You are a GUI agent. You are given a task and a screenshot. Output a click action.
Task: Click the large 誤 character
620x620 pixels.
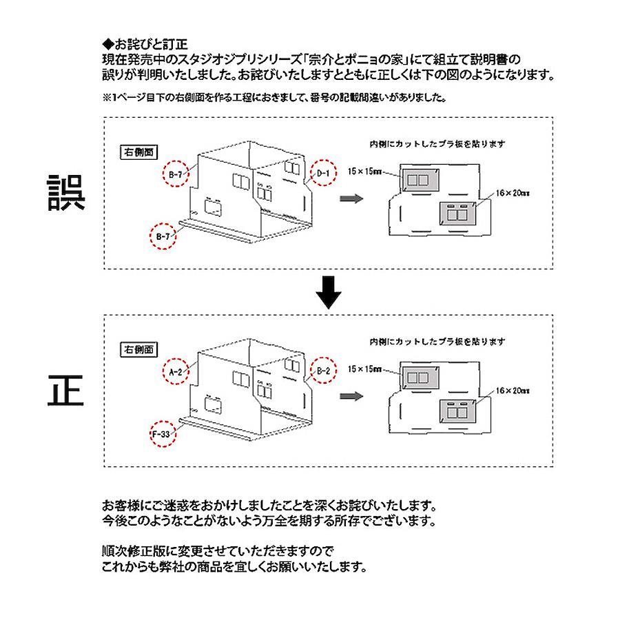[66, 192]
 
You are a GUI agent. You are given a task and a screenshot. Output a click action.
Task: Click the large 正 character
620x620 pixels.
[66, 389]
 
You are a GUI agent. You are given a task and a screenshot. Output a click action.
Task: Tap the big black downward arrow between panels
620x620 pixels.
[329, 293]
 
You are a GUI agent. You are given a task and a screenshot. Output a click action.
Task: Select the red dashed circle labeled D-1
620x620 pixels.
[324, 174]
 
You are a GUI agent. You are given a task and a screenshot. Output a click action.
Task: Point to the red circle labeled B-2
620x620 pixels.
[324, 371]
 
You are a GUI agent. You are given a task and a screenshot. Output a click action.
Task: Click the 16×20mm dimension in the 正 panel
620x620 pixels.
[512, 391]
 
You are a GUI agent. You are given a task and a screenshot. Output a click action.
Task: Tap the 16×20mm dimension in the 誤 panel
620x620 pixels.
[512, 194]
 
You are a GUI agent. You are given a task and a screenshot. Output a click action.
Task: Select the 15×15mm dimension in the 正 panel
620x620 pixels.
[364, 369]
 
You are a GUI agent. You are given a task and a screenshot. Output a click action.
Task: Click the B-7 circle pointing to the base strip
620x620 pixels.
[163, 237]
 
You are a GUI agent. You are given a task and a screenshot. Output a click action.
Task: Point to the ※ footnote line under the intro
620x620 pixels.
[275, 98]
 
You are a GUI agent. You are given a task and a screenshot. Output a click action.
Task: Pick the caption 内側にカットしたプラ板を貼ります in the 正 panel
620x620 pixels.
[437, 342]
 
